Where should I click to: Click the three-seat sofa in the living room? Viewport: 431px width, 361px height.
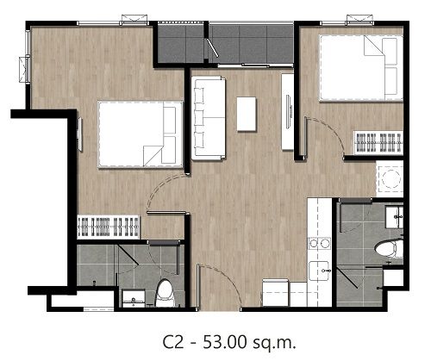tap(209, 118)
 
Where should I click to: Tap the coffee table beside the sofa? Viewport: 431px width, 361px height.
tap(247, 114)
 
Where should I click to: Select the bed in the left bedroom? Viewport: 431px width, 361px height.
tap(141, 134)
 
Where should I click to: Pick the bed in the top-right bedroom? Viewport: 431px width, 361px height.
tap(361, 68)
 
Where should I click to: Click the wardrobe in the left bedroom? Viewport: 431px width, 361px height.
tap(109, 227)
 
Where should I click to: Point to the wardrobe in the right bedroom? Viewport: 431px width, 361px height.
tap(378, 143)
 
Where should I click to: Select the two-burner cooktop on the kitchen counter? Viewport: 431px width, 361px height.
tap(320, 244)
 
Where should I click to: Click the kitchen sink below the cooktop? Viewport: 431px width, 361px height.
tap(320, 271)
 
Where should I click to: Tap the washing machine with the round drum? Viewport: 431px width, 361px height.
tap(390, 178)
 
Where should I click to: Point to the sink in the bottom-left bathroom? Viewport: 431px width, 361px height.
tap(134, 299)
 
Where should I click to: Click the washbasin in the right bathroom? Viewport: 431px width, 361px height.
tap(394, 217)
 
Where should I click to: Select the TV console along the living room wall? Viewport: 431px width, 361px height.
tap(288, 112)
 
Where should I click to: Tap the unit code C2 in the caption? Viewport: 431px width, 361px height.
tap(173, 342)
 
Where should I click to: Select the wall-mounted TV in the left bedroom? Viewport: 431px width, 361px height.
tap(80, 134)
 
